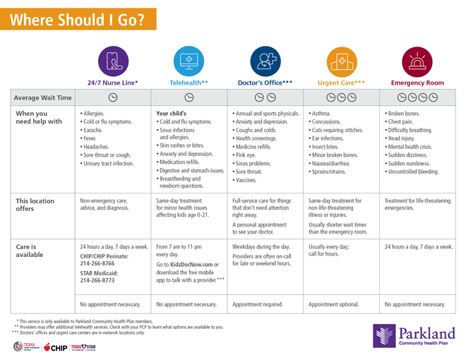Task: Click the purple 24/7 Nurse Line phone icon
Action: click(x=113, y=61)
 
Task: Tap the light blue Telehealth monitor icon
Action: click(x=189, y=61)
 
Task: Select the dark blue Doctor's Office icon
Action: click(x=264, y=61)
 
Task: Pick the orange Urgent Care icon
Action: click(x=341, y=61)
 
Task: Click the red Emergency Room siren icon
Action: click(x=417, y=61)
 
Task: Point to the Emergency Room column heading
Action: click(x=417, y=83)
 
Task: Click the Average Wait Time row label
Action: click(x=43, y=97)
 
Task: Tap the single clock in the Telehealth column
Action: click(x=189, y=97)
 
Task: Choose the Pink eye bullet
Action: click(x=247, y=154)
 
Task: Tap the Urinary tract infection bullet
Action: click(x=107, y=164)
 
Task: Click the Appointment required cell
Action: click(x=258, y=304)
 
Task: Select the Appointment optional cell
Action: click(x=333, y=304)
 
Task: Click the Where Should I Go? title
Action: click(x=78, y=20)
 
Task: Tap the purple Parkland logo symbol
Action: click(x=385, y=336)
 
